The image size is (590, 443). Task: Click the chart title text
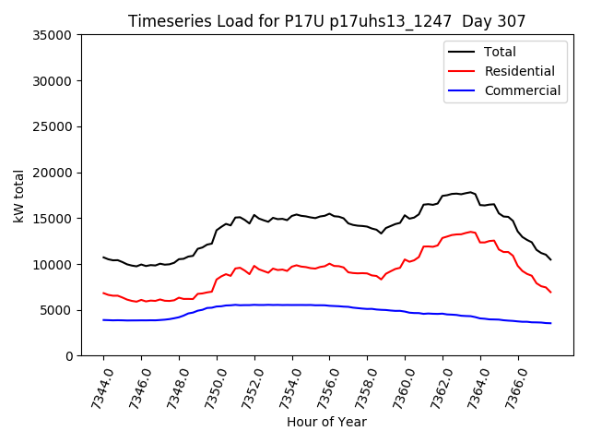326,21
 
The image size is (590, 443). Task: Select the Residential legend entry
519,71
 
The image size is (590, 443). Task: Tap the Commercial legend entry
522,90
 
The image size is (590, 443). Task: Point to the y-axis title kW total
18,196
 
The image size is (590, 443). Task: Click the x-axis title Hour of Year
326,422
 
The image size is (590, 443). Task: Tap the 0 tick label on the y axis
68,356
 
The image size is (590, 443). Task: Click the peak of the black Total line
470,192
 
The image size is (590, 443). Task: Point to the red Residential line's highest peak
471,232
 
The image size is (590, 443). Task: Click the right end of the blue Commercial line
550,323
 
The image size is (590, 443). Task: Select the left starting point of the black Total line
103,257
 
